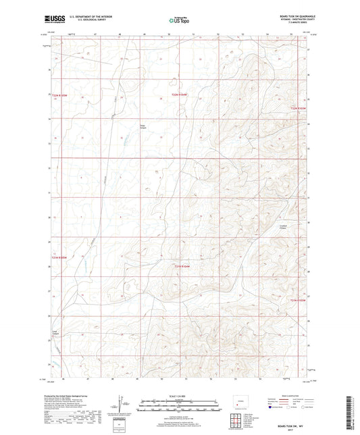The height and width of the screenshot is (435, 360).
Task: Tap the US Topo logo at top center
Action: pyautogui.click(x=177, y=21)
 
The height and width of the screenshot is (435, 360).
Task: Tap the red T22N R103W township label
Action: pyautogui.click(x=298, y=107)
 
